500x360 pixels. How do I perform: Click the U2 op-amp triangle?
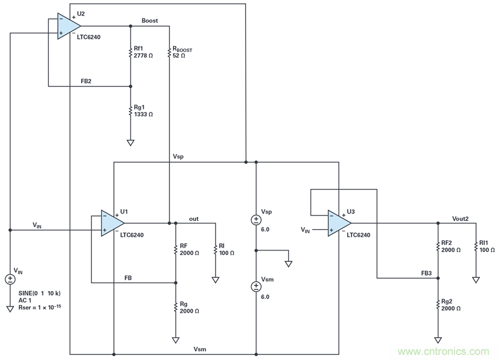(x=68, y=26)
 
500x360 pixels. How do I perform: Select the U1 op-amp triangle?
(x=112, y=223)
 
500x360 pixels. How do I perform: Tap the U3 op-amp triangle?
(x=338, y=223)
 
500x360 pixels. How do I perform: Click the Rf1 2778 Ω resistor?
(x=131, y=52)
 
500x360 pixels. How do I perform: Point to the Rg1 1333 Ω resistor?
(x=131, y=111)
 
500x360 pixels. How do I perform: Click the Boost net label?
(x=149, y=21)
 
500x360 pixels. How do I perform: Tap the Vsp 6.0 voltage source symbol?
(x=256, y=219)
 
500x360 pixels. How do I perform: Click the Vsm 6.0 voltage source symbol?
(x=256, y=287)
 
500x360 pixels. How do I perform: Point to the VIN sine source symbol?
(x=10, y=279)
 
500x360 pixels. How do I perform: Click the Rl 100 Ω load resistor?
(x=216, y=249)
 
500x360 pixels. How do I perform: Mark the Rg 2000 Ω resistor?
(x=176, y=307)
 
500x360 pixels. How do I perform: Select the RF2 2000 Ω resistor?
(x=438, y=246)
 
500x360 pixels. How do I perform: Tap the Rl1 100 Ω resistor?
(x=476, y=246)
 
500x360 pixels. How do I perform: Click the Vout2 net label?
(x=461, y=219)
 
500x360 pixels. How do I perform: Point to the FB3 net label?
(x=427, y=273)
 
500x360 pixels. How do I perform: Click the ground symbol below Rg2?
(x=438, y=339)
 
